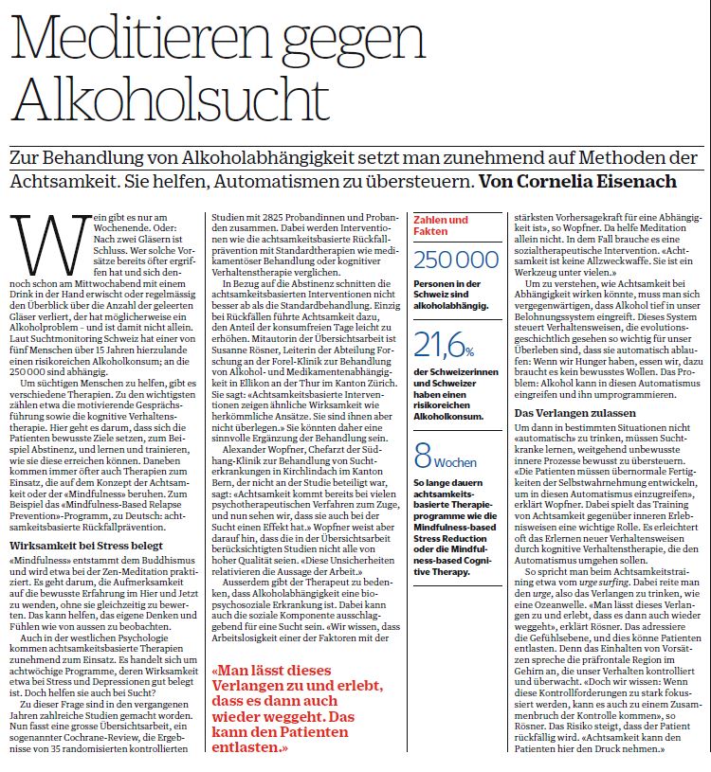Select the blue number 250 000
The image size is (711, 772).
point(457,260)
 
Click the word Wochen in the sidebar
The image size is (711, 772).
point(458,463)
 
